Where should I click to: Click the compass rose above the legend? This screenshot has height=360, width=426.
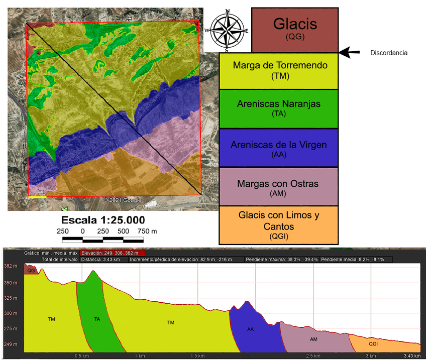228,30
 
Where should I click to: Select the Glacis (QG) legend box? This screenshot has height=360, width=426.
294,30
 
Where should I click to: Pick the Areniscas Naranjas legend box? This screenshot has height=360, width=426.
279,108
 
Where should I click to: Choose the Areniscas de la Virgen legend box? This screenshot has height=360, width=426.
279,149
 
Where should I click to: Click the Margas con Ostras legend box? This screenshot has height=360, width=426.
279,188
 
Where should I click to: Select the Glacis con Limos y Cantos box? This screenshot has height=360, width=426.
278,225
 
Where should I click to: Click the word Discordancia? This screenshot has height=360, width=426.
388,53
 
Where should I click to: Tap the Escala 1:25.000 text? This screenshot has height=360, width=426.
103,220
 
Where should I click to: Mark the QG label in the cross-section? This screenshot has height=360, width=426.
31,270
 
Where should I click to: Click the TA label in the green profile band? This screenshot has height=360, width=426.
97,319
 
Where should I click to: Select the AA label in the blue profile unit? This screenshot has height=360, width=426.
251,329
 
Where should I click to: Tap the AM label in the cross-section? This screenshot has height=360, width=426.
313,339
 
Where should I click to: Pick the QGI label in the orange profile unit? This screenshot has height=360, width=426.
373,344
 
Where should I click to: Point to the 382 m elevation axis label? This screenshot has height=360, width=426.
10,266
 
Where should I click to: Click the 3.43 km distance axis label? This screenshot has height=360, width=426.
411,356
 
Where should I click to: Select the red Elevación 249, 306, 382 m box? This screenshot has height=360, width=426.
113,253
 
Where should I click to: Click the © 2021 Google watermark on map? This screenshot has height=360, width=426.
123,200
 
